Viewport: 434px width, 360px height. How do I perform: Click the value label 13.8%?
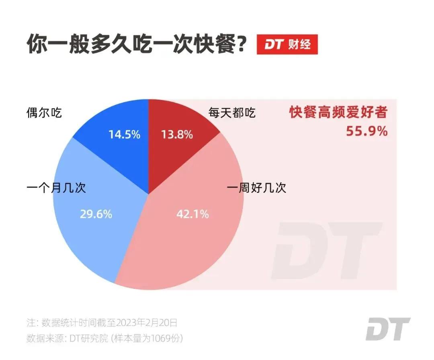tap(177, 135)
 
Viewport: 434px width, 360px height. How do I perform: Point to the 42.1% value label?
tap(192, 214)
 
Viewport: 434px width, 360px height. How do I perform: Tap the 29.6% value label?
tap(96, 214)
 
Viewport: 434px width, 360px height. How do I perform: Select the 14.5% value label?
tap(124, 135)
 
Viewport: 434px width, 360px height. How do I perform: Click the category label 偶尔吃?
tap(44, 112)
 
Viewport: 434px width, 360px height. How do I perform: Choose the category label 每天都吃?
tap(232, 113)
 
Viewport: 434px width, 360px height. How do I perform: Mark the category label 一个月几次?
tap(56, 188)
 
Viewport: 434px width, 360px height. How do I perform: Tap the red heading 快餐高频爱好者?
tap(338, 112)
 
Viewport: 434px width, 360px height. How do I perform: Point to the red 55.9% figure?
tap(367, 131)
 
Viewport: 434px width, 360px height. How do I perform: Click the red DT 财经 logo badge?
tap(287, 45)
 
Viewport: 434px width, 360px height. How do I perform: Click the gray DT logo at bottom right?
tap(388, 329)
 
